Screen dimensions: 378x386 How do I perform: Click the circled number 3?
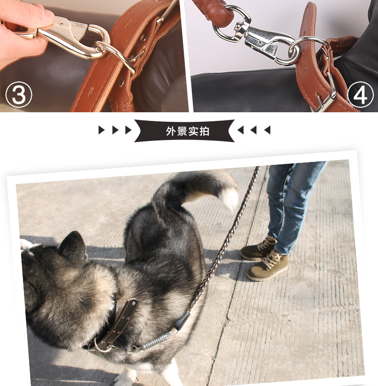(x=19, y=95)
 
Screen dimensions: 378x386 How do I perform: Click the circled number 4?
(x=360, y=95)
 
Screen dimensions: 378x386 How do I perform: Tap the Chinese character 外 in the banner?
(x=171, y=131)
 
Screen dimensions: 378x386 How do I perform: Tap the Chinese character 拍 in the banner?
(x=204, y=131)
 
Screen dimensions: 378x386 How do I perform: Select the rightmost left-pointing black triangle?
(x=267, y=130)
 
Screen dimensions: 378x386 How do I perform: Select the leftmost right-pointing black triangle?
(x=101, y=130)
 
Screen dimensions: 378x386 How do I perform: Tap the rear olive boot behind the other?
(x=258, y=248)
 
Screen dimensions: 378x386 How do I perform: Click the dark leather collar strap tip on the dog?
(x=132, y=305)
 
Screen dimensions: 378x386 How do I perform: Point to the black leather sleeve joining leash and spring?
(x=182, y=320)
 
